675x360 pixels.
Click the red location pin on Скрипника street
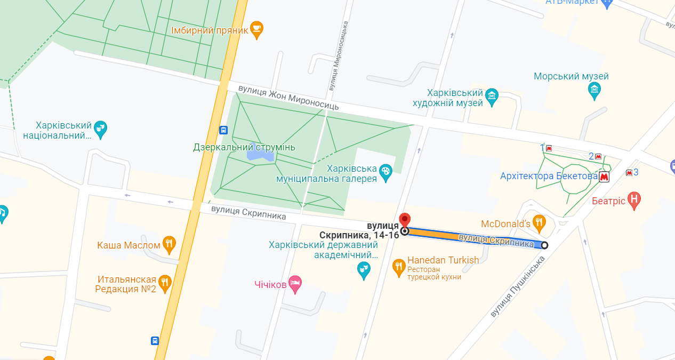405,220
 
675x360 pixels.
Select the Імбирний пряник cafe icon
256,29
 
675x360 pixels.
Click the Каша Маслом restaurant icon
169,244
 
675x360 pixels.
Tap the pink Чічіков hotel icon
295,283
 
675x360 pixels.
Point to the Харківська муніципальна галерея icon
385,171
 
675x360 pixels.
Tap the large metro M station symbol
604,177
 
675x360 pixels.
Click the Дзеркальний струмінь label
244,147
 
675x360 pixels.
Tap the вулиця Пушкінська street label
518,287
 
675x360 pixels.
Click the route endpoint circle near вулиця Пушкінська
544,245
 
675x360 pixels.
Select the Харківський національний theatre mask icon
100,128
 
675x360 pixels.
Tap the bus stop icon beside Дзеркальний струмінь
224,130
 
